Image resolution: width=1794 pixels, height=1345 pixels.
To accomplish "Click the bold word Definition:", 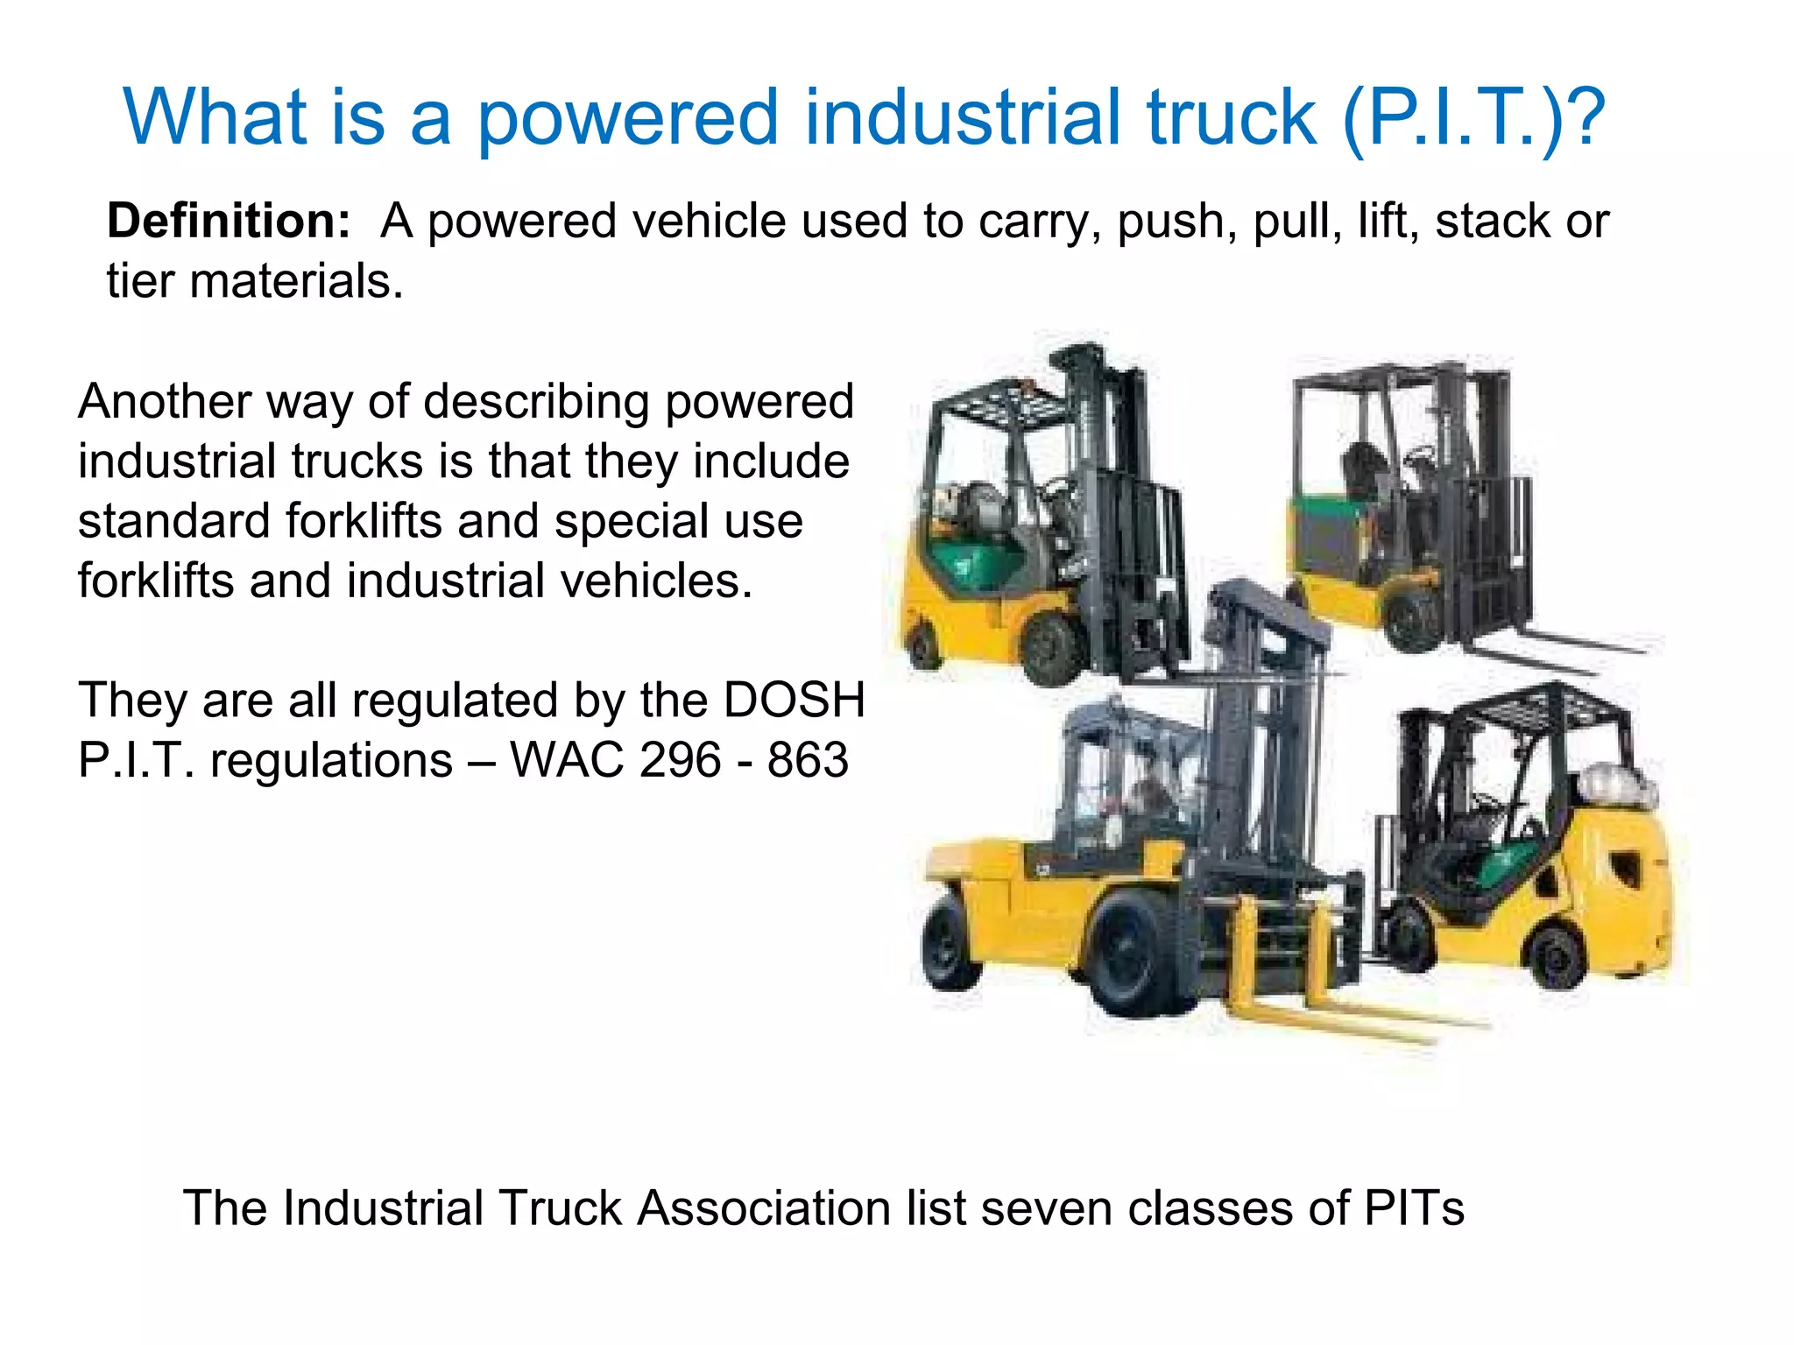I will [x=229, y=221].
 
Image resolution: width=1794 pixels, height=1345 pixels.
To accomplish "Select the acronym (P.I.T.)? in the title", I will [x=1473, y=118].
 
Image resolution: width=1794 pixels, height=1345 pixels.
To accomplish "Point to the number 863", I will [x=808, y=760].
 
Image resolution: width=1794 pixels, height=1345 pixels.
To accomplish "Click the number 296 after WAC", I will [x=681, y=760].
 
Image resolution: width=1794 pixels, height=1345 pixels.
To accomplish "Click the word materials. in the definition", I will [x=296, y=282].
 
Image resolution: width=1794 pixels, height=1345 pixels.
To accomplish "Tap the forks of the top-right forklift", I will [x=1559, y=648].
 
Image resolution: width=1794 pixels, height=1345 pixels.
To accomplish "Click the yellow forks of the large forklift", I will [x=1340, y=1016].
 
